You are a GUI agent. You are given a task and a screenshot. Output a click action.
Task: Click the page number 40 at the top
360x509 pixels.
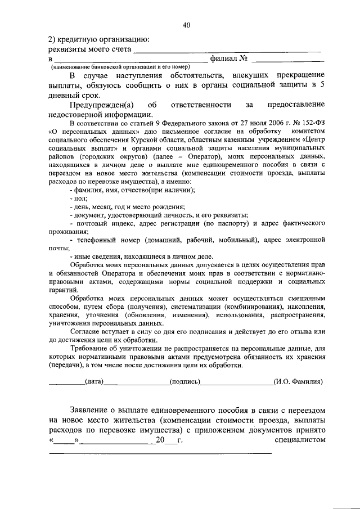187,25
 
